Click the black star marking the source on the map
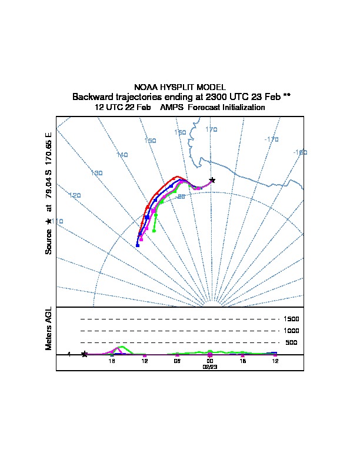point(212,180)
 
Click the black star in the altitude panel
point(85,354)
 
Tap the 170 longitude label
point(211,129)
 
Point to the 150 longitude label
point(150,141)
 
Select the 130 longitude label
point(97,173)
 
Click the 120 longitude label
point(75,195)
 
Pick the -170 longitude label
point(271,139)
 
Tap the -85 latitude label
point(181,197)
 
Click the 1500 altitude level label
point(292,319)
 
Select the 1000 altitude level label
point(292,331)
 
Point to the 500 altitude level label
point(291,342)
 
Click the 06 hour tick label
point(177,361)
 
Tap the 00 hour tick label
point(210,361)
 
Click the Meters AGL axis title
point(49,328)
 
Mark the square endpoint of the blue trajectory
point(137,245)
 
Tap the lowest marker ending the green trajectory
point(154,231)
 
